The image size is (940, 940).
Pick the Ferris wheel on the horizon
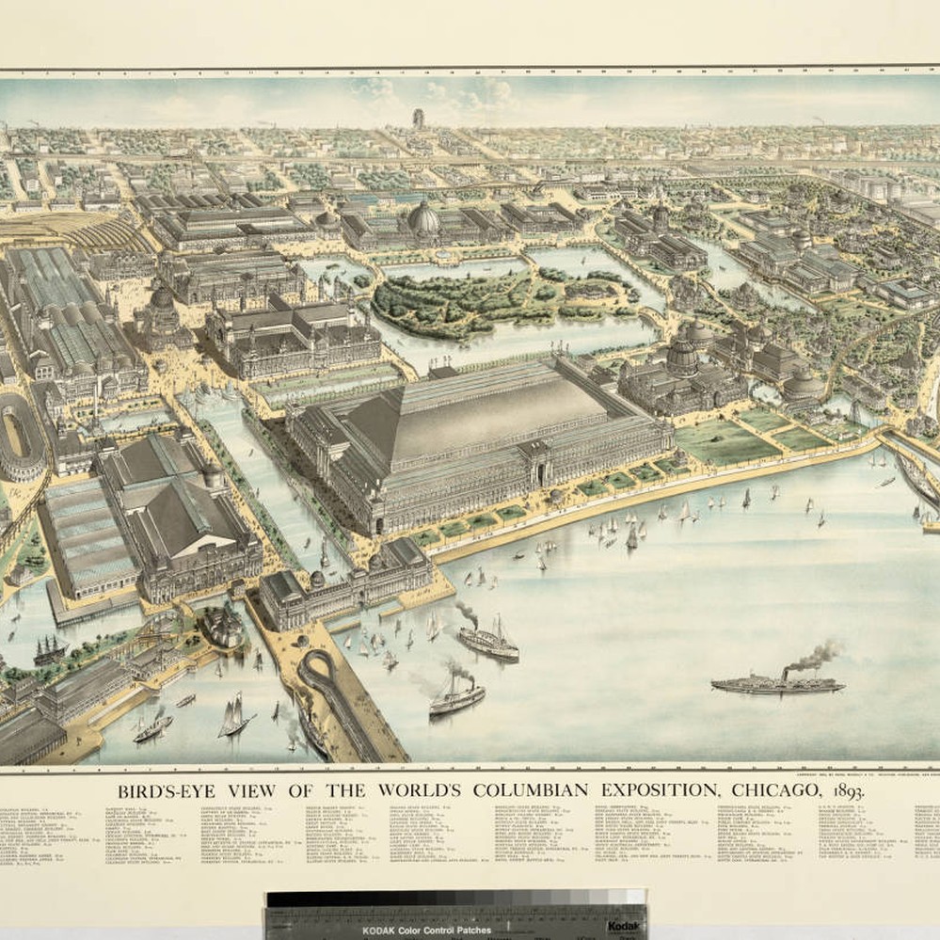coord(418,119)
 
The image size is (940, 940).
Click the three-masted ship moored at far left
coord(49,649)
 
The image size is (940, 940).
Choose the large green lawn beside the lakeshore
coord(720,439)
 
